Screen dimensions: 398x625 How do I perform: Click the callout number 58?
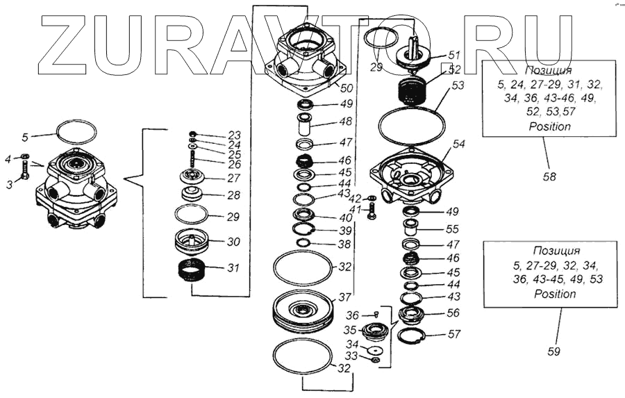point(549,177)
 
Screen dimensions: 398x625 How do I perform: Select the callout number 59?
point(553,351)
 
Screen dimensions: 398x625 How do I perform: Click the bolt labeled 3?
point(24,172)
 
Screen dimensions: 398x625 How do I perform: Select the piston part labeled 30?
point(192,242)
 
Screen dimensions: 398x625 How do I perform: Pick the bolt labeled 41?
point(371,210)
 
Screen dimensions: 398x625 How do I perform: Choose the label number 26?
point(234,164)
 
